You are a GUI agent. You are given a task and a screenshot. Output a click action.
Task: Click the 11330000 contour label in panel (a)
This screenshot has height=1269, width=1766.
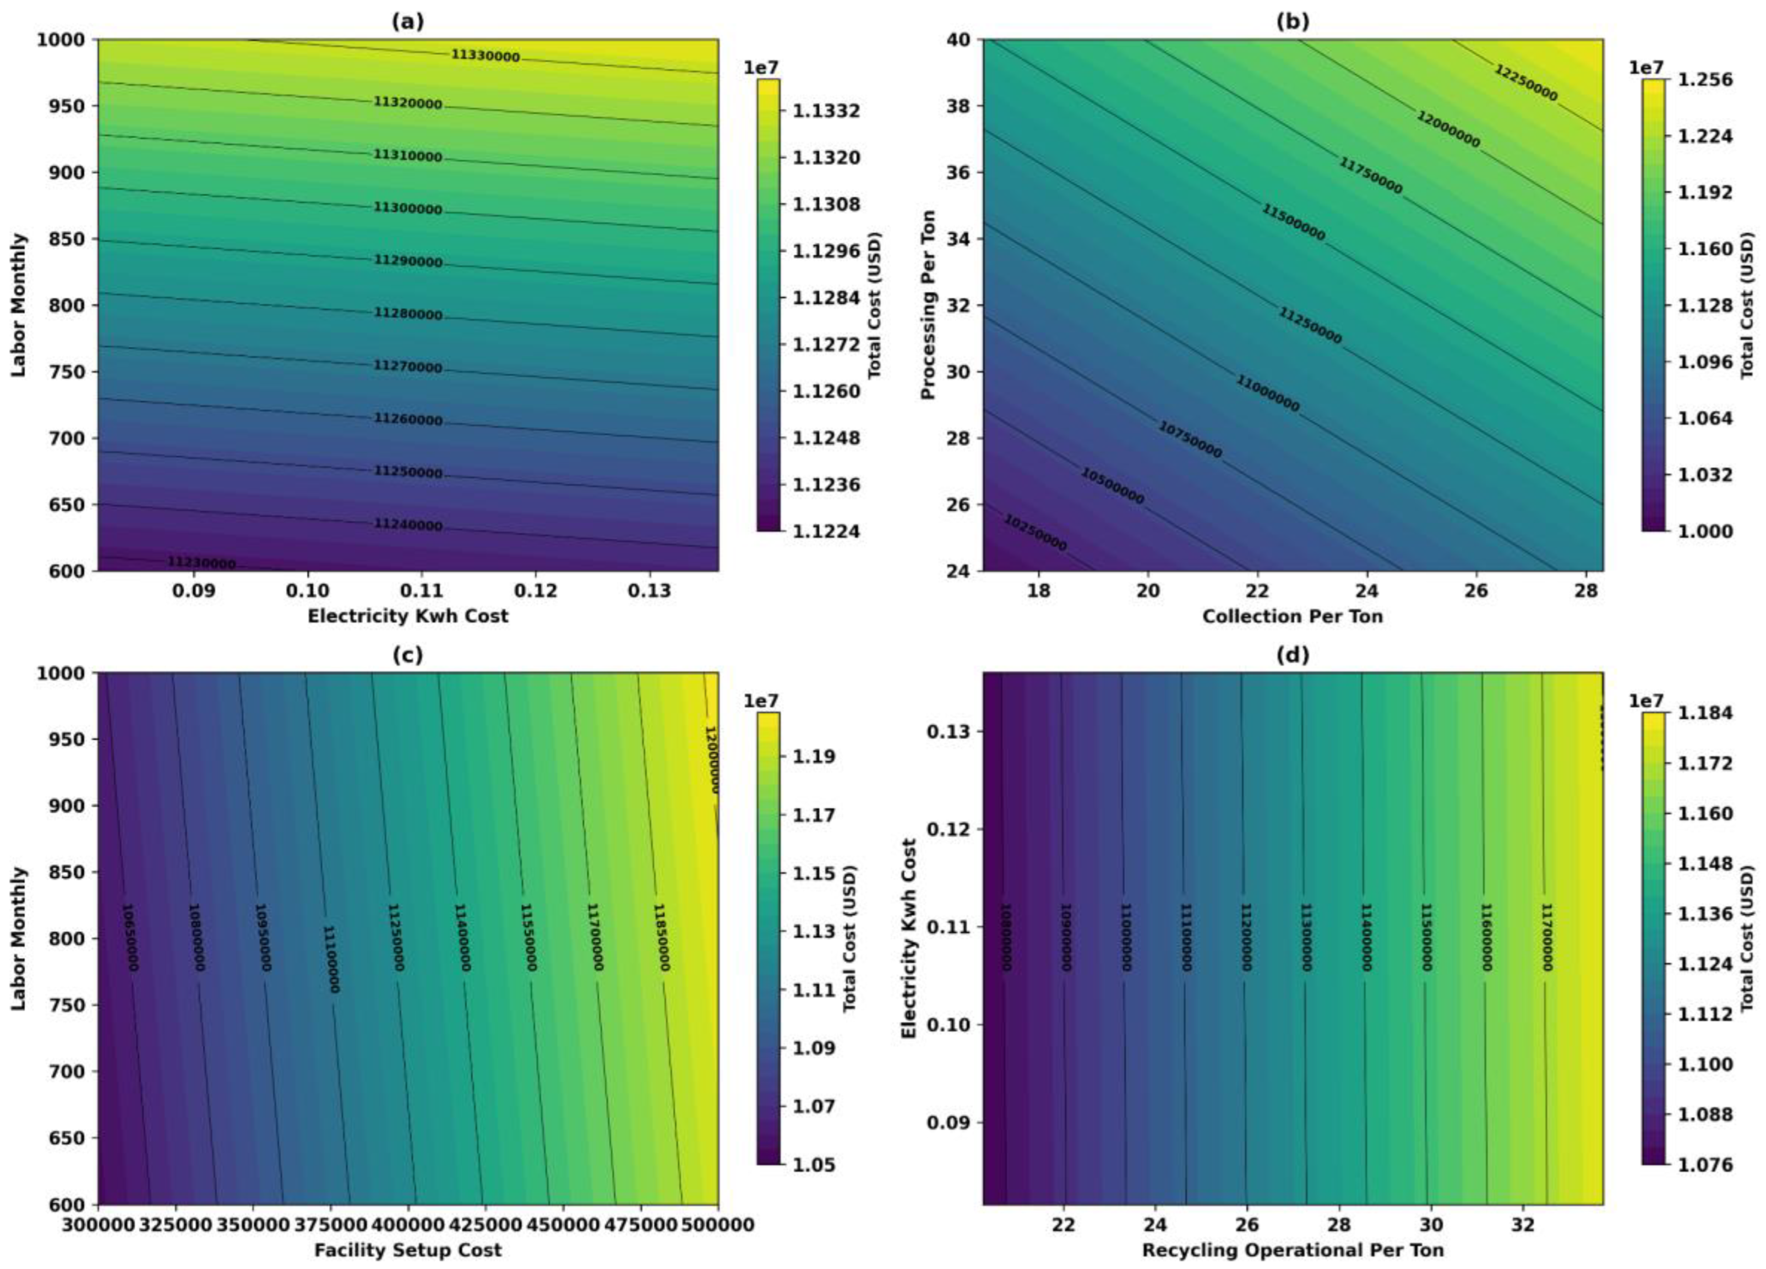pyautogui.click(x=485, y=55)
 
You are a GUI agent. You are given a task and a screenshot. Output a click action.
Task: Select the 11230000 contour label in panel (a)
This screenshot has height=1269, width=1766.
pyautogui.click(x=201, y=563)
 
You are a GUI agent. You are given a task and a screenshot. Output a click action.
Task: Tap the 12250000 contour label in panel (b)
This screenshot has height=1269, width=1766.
pyautogui.click(x=1525, y=83)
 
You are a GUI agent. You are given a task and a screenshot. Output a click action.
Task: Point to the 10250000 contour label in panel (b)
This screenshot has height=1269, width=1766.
pyautogui.click(x=1035, y=533)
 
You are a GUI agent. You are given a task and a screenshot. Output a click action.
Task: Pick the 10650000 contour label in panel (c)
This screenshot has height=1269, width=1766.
pyautogui.click(x=132, y=937)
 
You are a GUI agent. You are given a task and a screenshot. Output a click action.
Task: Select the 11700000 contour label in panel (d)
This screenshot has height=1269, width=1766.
pyautogui.click(x=1547, y=937)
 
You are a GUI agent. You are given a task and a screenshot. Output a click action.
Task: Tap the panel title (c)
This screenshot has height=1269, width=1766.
pyautogui.click(x=408, y=655)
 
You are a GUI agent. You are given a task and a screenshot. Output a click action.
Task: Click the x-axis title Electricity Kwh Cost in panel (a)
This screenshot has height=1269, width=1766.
pyautogui.click(x=408, y=616)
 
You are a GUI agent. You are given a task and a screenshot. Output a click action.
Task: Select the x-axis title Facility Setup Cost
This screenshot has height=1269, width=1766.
pyautogui.click(x=408, y=1250)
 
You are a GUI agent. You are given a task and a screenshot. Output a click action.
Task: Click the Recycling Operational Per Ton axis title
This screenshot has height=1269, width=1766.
pyautogui.click(x=1293, y=1250)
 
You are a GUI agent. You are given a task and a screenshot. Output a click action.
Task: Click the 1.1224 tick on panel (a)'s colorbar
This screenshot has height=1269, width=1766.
pyautogui.click(x=826, y=531)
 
